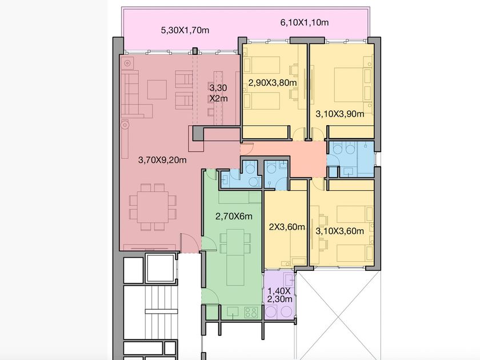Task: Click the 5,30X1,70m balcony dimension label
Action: pos(185,30)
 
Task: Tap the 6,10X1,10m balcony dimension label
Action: pos(304,22)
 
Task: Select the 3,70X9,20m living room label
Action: pos(162,160)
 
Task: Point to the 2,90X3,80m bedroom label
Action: pos(273,83)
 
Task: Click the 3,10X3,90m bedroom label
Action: pos(340,114)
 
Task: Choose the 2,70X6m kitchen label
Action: pos(234,217)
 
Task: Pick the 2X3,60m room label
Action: pos(287,227)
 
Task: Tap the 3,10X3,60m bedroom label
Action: pos(340,231)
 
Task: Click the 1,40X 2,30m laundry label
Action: pos(279,295)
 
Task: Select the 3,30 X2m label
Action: pos(218,93)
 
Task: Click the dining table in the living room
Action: pos(153,207)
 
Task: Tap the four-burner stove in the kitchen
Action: pos(251,313)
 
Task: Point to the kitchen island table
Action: pos(235,257)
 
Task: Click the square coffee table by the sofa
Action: pos(157,89)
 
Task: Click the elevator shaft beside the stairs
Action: pos(160,268)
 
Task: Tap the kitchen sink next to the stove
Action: pos(233,312)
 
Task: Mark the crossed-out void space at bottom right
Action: pos(338,315)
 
